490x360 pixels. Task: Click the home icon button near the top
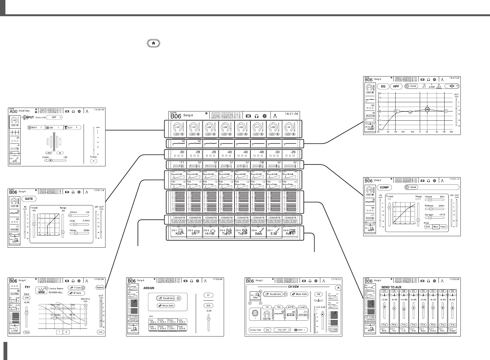[153, 43]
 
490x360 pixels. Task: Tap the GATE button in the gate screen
[29, 199]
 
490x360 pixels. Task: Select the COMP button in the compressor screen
[384, 187]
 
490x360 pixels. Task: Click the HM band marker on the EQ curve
[427, 109]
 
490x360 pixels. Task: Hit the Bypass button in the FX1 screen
[100, 287]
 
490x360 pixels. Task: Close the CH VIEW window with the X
[338, 288]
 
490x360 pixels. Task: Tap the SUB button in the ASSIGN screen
[208, 305]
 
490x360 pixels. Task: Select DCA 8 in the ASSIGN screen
[182, 328]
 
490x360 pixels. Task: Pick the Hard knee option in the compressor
[443, 227]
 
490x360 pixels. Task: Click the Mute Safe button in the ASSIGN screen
[166, 305]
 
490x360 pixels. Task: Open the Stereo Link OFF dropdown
[54, 117]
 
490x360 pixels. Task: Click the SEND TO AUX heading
[391, 287]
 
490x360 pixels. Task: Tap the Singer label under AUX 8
[452, 330]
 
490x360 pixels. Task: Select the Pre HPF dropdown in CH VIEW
[282, 330]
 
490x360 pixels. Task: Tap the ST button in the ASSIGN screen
[208, 295]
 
